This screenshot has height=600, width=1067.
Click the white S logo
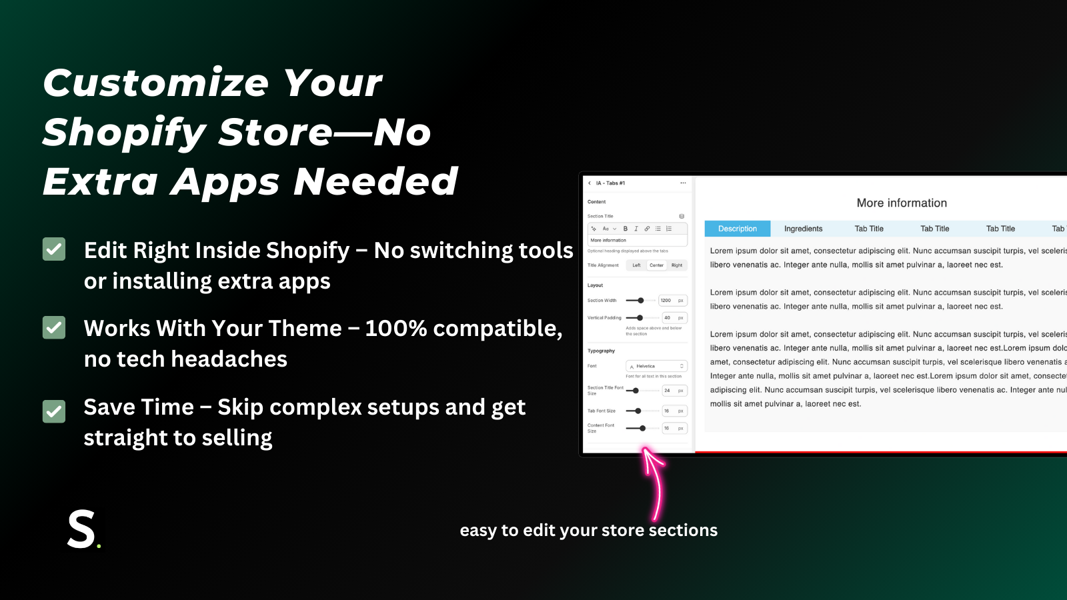(82, 529)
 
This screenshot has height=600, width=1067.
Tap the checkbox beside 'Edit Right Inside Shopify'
(54, 249)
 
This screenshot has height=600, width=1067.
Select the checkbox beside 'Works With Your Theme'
(54, 327)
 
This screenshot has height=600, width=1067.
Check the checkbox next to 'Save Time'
(54, 411)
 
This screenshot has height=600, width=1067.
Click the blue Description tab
(737, 229)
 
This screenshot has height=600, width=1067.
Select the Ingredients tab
(803, 229)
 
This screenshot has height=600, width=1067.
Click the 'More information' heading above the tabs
(902, 203)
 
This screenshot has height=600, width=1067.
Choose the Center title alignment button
(656, 265)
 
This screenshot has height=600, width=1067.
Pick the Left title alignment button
(636, 265)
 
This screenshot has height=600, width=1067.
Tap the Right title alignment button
(676, 265)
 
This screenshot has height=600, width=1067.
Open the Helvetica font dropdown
(656, 366)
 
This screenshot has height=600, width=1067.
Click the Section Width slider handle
(641, 301)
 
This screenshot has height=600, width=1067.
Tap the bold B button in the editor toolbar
(626, 229)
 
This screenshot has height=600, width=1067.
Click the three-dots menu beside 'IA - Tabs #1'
(683, 183)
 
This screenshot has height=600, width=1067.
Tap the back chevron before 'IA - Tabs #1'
(590, 183)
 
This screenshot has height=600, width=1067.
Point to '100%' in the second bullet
(395, 328)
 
